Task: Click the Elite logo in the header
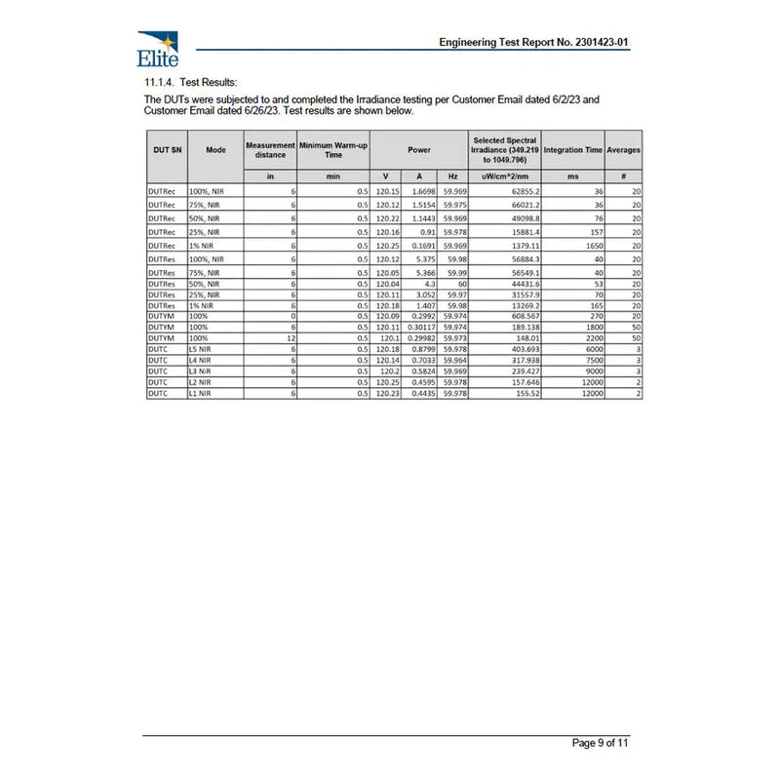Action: click(x=158, y=46)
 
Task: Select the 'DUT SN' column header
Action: click(x=167, y=150)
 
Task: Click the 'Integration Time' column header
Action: click(x=573, y=150)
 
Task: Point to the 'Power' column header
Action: click(x=419, y=150)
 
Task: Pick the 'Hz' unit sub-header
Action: click(x=453, y=176)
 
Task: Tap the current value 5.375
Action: click(x=419, y=260)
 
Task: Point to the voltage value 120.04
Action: click(x=387, y=285)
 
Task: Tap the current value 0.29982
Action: click(x=420, y=338)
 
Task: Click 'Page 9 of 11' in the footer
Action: click(x=600, y=743)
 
